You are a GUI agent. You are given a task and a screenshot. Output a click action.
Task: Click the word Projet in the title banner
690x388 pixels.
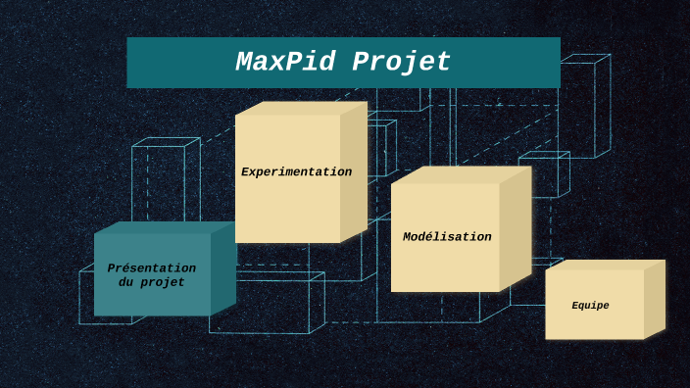coord(401,62)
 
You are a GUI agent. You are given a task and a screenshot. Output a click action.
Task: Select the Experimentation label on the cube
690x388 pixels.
coord(296,172)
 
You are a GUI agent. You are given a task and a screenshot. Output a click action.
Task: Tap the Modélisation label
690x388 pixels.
coord(447,237)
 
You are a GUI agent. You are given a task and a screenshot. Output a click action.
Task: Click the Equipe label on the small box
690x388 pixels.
coord(590,306)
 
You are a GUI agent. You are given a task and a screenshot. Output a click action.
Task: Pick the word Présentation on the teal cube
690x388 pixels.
coord(151,268)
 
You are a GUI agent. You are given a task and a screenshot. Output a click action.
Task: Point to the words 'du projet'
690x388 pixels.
coord(151,282)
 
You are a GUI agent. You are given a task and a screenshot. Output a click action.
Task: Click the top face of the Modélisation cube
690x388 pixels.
coord(461,174)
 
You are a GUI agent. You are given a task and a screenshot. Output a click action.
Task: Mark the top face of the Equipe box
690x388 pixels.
coord(605,265)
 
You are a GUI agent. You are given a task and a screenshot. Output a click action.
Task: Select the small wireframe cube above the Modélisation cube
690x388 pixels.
coord(544,174)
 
